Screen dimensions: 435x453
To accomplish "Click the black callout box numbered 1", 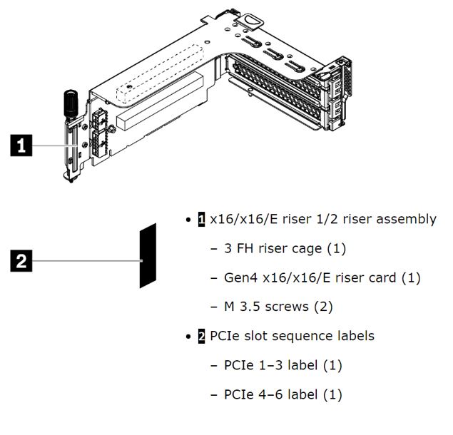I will click(x=24, y=146).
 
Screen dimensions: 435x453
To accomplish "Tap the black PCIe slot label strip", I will click(x=148, y=255).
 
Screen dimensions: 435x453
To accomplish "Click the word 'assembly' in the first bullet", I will click(x=405, y=219).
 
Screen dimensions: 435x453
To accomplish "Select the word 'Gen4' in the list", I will click(x=239, y=277).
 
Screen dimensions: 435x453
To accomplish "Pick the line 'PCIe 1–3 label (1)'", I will click(x=283, y=365).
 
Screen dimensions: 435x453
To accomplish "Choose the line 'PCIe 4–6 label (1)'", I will click(x=283, y=394).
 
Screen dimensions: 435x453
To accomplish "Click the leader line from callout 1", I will click(x=57, y=146).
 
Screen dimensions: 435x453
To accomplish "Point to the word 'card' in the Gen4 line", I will click(x=382, y=277).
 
